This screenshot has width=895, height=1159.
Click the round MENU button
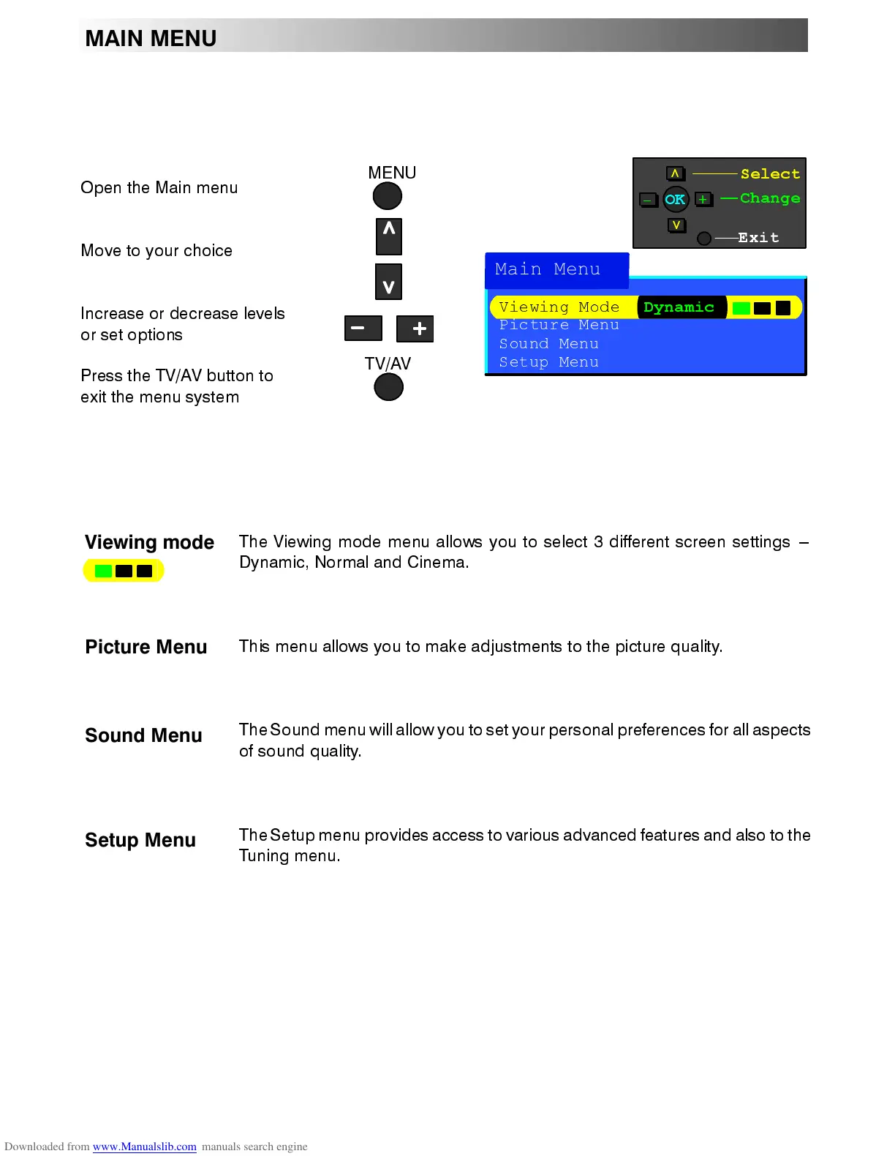[x=388, y=196]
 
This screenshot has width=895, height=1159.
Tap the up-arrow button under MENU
[x=389, y=236]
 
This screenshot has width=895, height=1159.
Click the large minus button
[x=363, y=329]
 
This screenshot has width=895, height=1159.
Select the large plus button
[x=415, y=329]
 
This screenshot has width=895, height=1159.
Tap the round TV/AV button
[x=388, y=387]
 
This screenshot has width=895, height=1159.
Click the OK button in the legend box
[x=675, y=199]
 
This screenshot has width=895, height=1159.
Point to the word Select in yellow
[x=770, y=174]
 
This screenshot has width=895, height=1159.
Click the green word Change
[x=770, y=198]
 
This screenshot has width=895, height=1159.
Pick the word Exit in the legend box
[x=758, y=238]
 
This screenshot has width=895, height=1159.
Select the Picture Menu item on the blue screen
[x=559, y=325]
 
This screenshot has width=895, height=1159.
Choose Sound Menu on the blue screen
[x=549, y=344]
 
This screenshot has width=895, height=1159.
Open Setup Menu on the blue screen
[x=549, y=362]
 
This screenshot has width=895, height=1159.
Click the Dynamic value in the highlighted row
[x=679, y=307]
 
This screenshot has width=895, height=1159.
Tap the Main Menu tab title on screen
[x=548, y=269]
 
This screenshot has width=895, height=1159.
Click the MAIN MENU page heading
[x=151, y=38]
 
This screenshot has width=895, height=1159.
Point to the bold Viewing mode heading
[x=149, y=542]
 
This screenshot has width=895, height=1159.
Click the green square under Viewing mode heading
[x=103, y=571]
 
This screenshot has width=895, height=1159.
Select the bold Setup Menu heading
[x=140, y=840]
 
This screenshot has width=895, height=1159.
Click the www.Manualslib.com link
[x=145, y=1147]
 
